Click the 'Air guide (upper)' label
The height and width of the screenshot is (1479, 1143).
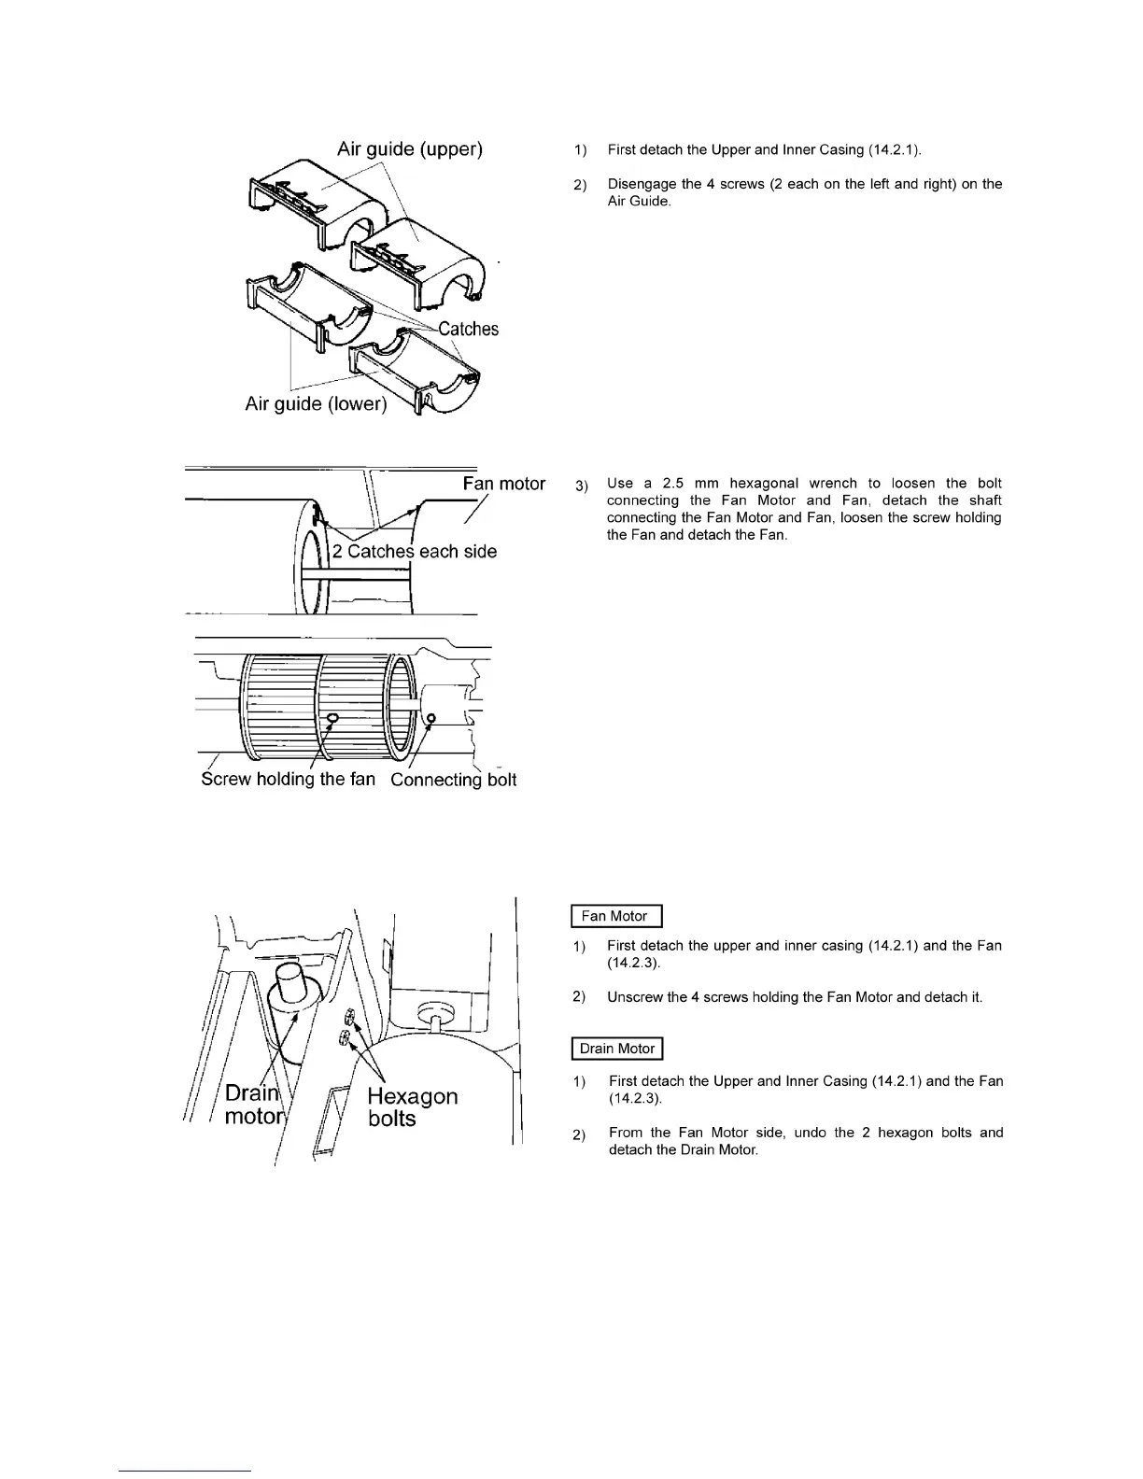(x=409, y=148)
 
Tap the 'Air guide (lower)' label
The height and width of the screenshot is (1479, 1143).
(x=316, y=403)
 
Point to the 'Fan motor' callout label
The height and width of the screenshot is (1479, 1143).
(x=504, y=484)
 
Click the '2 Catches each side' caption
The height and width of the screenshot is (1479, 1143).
(x=415, y=551)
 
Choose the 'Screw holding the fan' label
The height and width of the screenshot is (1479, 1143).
(x=289, y=779)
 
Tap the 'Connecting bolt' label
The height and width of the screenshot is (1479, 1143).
(x=453, y=780)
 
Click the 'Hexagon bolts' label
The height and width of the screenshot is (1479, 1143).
(x=412, y=1107)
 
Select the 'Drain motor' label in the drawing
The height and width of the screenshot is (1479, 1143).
(x=252, y=1105)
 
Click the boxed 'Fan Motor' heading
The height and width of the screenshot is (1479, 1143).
(x=615, y=916)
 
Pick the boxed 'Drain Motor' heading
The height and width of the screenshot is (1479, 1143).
(x=616, y=1049)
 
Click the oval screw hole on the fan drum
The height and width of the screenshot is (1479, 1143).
(x=333, y=716)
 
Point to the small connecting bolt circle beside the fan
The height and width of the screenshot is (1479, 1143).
(x=430, y=718)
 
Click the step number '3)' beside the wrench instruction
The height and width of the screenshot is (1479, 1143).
(x=582, y=485)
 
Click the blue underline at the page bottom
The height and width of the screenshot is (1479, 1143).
(x=185, y=1472)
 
